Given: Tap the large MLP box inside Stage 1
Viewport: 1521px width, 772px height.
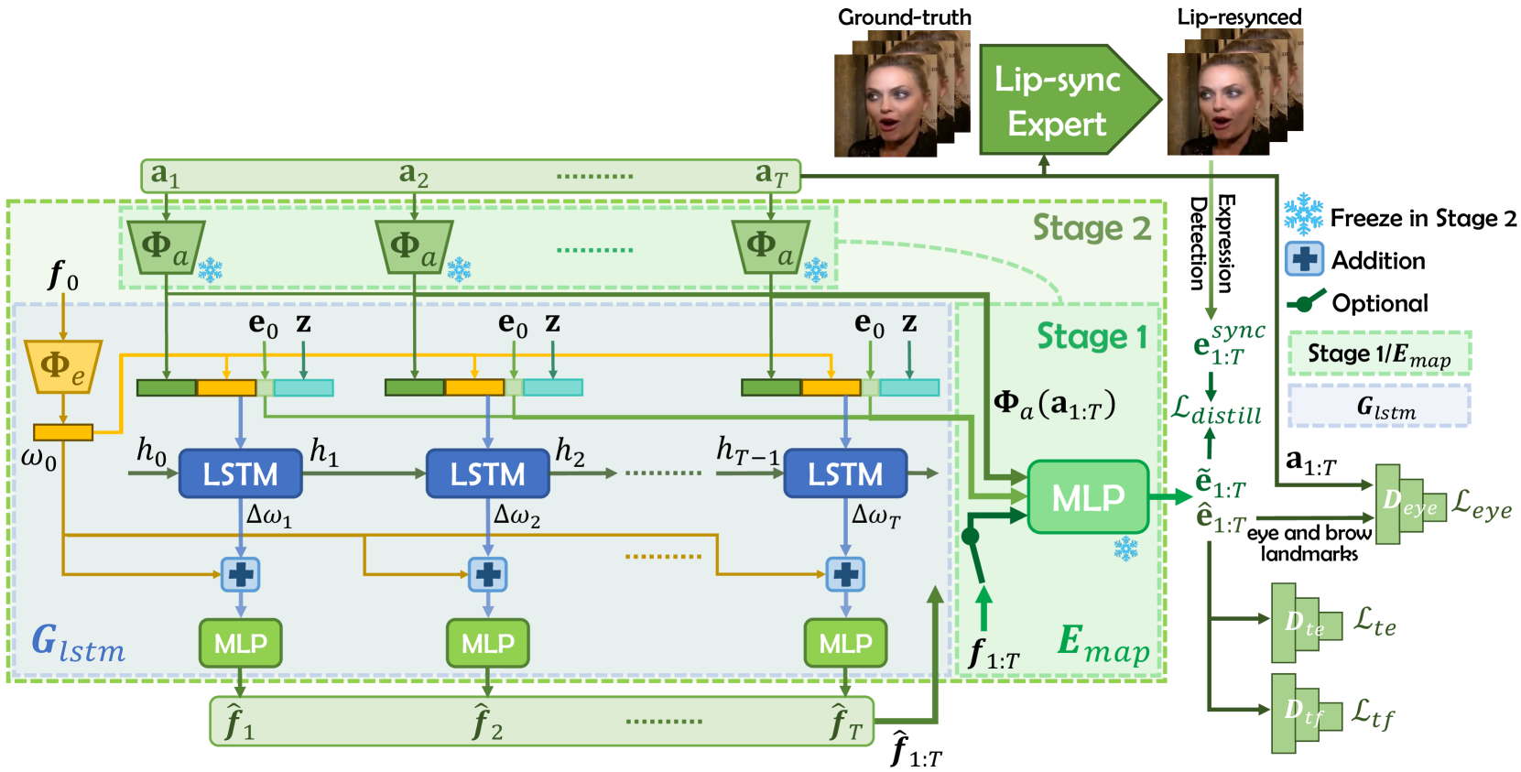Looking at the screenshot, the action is pos(1088,497).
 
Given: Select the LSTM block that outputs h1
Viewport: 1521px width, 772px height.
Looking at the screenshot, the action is pos(240,473).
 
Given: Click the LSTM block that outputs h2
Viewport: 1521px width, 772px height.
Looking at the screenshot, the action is pos(487,473).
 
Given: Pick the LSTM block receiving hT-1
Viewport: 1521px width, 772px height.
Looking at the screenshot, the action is pos(845,473).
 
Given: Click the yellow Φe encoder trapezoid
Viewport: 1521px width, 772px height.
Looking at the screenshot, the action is pos(63,366).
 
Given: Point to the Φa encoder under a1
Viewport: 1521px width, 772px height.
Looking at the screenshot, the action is pos(165,247).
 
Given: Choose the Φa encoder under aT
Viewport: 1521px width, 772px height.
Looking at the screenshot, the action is pos(771,247).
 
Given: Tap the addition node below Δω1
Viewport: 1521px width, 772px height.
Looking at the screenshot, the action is pos(240,575).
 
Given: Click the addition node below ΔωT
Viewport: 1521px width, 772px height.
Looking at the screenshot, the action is pos(845,575).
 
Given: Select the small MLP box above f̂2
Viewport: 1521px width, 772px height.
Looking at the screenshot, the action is pos(487,642).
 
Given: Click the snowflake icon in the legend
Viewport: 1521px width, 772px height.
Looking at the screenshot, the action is pos(1303,214).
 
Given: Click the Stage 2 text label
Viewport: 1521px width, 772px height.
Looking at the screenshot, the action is pos(1092,228).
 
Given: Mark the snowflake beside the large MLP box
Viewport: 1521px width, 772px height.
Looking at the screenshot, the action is pos(1125,549).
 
